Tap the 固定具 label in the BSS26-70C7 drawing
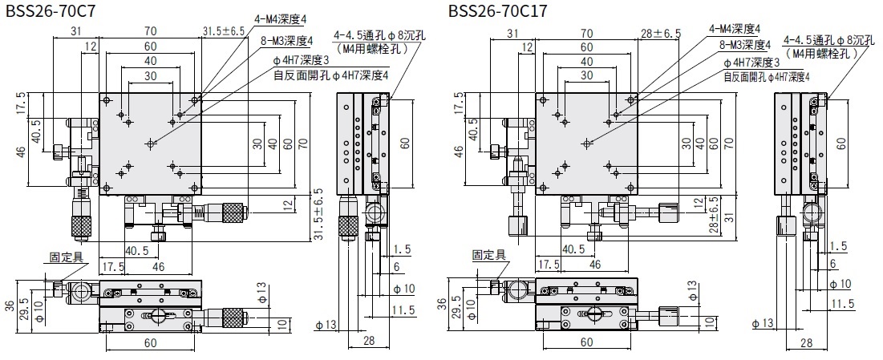click(65, 257)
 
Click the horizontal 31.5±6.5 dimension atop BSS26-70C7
click(221, 31)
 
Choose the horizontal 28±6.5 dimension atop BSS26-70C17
click(660, 33)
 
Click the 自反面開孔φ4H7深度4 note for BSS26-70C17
click(767, 76)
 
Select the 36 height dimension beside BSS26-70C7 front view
click(10, 305)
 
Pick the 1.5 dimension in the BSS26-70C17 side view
click(838, 246)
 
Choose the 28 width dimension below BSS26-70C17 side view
click(804, 343)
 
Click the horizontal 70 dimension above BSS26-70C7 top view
click(150, 31)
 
